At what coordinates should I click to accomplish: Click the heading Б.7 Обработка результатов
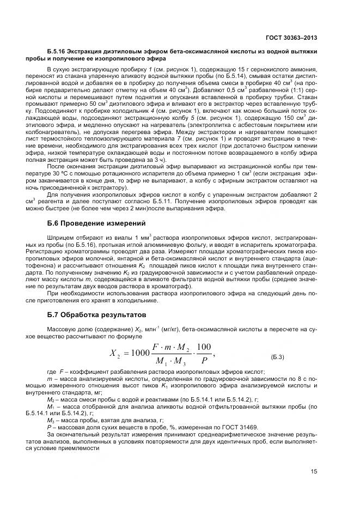pyautogui.click(x=93, y=314)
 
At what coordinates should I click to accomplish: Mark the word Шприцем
pyautogui.click(x=59, y=238)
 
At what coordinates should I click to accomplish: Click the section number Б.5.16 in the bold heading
pyautogui.click(x=59, y=51)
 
